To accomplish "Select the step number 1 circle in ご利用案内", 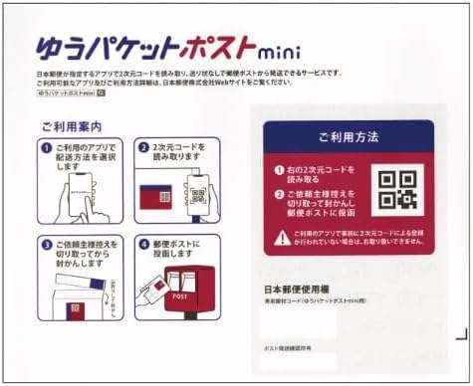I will click(47, 148).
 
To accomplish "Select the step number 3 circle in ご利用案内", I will click(47, 243).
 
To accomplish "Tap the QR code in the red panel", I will click(399, 188).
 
